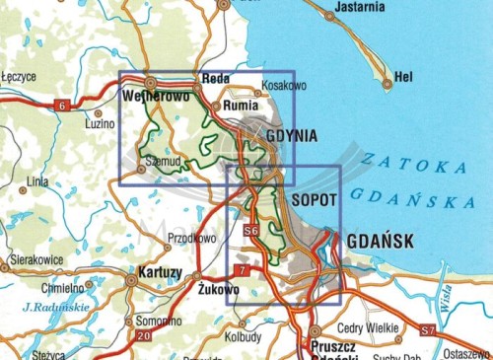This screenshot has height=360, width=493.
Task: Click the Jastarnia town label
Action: point(358,7)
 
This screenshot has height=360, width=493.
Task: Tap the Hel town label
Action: point(403,75)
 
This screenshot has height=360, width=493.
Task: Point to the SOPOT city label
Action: point(316,199)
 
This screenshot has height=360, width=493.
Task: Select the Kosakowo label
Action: point(286,88)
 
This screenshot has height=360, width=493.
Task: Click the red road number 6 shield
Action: point(63,106)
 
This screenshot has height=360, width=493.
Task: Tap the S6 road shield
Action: point(250,232)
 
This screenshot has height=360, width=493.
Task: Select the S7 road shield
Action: point(427,328)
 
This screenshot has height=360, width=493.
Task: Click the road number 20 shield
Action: point(145,337)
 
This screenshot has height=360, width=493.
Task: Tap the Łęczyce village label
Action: point(19,75)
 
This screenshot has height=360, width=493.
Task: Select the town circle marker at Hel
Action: point(387,84)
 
